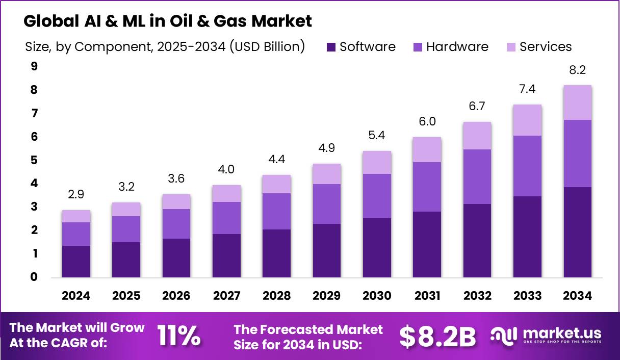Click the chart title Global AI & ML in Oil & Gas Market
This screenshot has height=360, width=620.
[x=168, y=21]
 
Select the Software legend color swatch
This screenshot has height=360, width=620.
[x=331, y=47]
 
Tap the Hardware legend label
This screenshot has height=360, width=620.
[x=457, y=47]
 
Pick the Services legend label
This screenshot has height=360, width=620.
[x=546, y=47]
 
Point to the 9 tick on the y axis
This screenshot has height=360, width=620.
[x=34, y=66]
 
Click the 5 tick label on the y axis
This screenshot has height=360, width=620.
[x=34, y=160]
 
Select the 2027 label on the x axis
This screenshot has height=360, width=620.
[x=226, y=296]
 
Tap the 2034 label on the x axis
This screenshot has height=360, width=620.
[x=577, y=296]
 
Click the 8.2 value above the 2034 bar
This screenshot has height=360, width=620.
[x=577, y=70]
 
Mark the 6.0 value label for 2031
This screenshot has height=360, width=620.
[x=427, y=122]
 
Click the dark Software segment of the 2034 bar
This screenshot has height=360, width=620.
[x=577, y=232]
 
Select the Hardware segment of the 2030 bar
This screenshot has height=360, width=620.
[x=377, y=196]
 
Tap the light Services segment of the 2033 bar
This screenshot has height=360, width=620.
[x=527, y=120]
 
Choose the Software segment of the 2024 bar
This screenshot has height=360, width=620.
[x=76, y=262]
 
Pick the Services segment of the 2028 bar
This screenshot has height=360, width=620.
[x=276, y=184]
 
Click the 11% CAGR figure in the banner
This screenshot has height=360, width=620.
[x=178, y=336]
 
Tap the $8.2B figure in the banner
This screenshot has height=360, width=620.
[x=437, y=336]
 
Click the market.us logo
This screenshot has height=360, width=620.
[x=546, y=336]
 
